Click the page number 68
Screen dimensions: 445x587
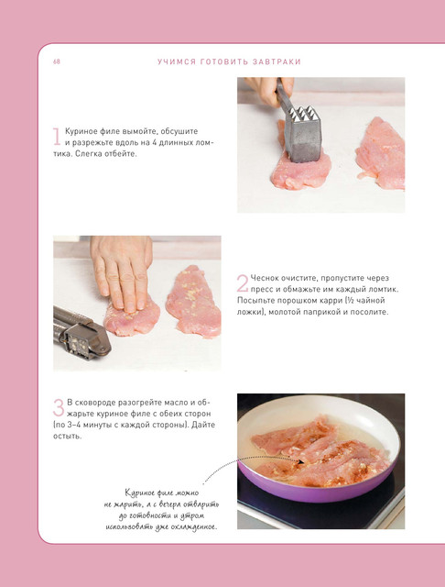[x=57, y=61]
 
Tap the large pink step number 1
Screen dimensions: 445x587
[x=57, y=137]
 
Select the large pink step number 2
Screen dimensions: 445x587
[x=242, y=283]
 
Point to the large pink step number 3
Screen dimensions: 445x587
[x=59, y=407]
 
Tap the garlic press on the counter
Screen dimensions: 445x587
[x=81, y=331]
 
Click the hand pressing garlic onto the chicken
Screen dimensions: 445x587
[x=122, y=273]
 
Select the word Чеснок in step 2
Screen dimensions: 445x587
[x=264, y=278]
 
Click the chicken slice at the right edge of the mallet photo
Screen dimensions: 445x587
[x=381, y=153]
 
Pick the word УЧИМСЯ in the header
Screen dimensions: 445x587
[x=177, y=61]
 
